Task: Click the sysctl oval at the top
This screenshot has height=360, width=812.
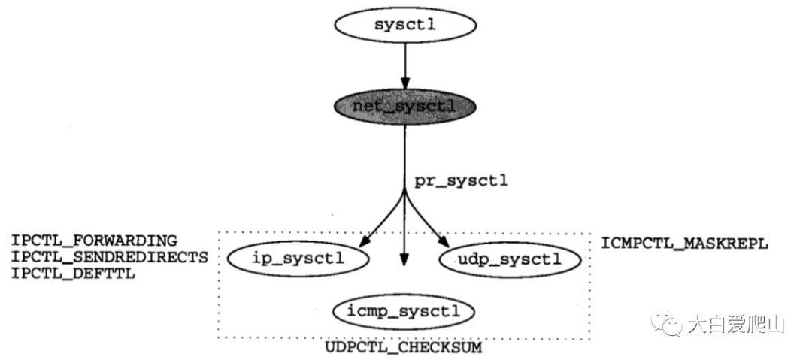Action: pos(404,24)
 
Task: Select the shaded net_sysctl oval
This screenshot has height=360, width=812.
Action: pos(404,107)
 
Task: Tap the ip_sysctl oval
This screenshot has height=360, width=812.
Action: pos(298,260)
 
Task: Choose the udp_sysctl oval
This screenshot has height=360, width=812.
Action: pos(509,260)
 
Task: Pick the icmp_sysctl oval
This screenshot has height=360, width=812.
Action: pos(404,310)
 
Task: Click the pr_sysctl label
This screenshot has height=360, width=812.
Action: pos(461,181)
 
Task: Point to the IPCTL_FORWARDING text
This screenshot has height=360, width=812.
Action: pos(94,241)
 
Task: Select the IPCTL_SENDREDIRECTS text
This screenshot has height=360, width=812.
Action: pos(109,257)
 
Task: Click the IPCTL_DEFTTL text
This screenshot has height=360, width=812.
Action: pos(72,273)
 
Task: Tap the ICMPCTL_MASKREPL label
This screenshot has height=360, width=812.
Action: pos(684,244)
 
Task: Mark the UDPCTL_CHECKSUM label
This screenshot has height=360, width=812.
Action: pos(404,349)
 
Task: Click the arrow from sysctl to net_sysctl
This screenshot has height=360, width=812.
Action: pos(404,64)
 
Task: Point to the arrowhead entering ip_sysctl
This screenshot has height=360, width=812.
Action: pos(363,243)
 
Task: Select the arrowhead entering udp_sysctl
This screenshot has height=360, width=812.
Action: pos(445,243)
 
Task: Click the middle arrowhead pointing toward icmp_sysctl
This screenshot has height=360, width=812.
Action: pos(404,260)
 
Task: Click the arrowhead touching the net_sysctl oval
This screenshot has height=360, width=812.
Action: pos(404,84)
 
